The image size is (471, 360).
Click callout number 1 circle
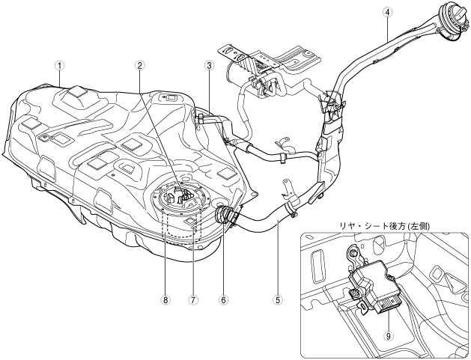pyautogui.click(x=59, y=65)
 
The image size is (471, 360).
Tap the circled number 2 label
pyautogui.click(x=140, y=65)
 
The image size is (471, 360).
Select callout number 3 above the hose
pyautogui.click(x=209, y=65)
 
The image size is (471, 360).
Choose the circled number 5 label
pyautogui.click(x=278, y=299)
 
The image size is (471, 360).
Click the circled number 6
pyautogui.click(x=224, y=299)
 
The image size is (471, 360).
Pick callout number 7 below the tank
pyautogui.click(x=192, y=299)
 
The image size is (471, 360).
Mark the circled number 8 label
pyautogui.click(x=165, y=299)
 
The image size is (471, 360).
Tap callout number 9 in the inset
pyautogui.click(x=389, y=336)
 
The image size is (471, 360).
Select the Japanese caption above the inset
pyautogui.click(x=384, y=226)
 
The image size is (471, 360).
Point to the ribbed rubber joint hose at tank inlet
pyautogui.click(x=223, y=214)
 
